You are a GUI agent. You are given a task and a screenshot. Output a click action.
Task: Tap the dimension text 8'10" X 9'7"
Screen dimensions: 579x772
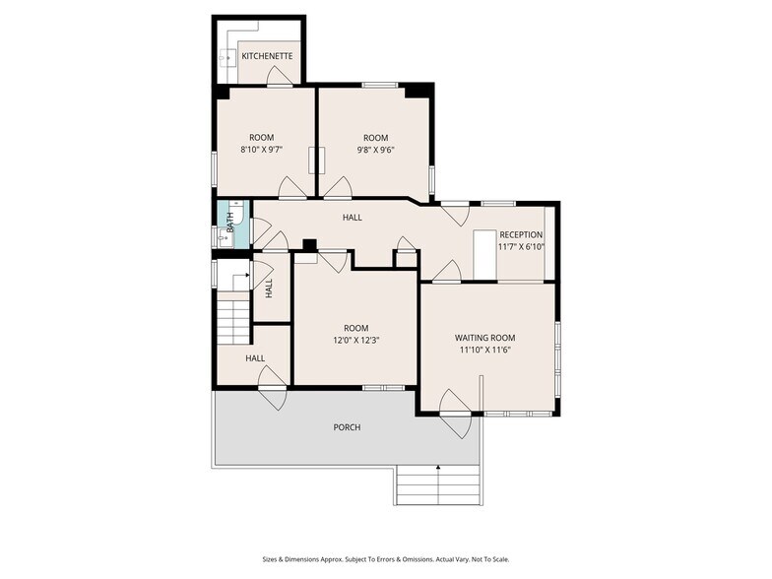pos(261,151)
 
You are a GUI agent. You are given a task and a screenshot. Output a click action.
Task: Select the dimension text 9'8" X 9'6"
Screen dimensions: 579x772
pos(375,151)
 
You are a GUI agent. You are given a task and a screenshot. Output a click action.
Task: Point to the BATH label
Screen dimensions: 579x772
pos(230,223)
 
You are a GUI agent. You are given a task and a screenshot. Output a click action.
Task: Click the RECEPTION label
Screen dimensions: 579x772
pos(521,234)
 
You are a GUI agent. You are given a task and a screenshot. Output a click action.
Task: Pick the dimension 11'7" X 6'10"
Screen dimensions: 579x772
pos(521,247)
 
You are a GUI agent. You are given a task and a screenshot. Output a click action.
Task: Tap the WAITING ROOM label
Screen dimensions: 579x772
pos(484,337)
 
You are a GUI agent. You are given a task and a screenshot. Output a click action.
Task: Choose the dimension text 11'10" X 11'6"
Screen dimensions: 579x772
pos(484,350)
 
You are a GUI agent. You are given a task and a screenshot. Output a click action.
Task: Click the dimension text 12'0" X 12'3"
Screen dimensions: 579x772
pos(355,341)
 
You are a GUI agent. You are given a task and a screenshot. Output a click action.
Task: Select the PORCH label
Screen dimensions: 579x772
pos(347,427)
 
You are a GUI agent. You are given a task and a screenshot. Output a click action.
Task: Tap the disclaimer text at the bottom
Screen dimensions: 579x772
pos(385,558)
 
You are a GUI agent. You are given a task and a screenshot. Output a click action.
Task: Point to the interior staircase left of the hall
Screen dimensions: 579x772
pos(234,318)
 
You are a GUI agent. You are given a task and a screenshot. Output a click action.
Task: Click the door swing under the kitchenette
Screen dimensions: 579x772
pos(280,76)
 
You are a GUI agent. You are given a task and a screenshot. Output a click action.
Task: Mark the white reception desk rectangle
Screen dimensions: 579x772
pos(484,256)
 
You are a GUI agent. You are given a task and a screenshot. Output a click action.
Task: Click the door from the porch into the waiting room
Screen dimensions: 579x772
pos(455,414)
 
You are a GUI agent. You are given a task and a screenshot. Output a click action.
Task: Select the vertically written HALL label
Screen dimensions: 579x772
pos(269,289)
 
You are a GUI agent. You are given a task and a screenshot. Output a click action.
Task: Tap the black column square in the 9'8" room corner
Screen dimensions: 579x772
pos(418,91)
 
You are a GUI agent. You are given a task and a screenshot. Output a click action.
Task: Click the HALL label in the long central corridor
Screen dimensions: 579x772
pos(352,218)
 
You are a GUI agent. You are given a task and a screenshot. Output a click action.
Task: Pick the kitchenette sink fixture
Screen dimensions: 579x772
pos(225,56)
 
